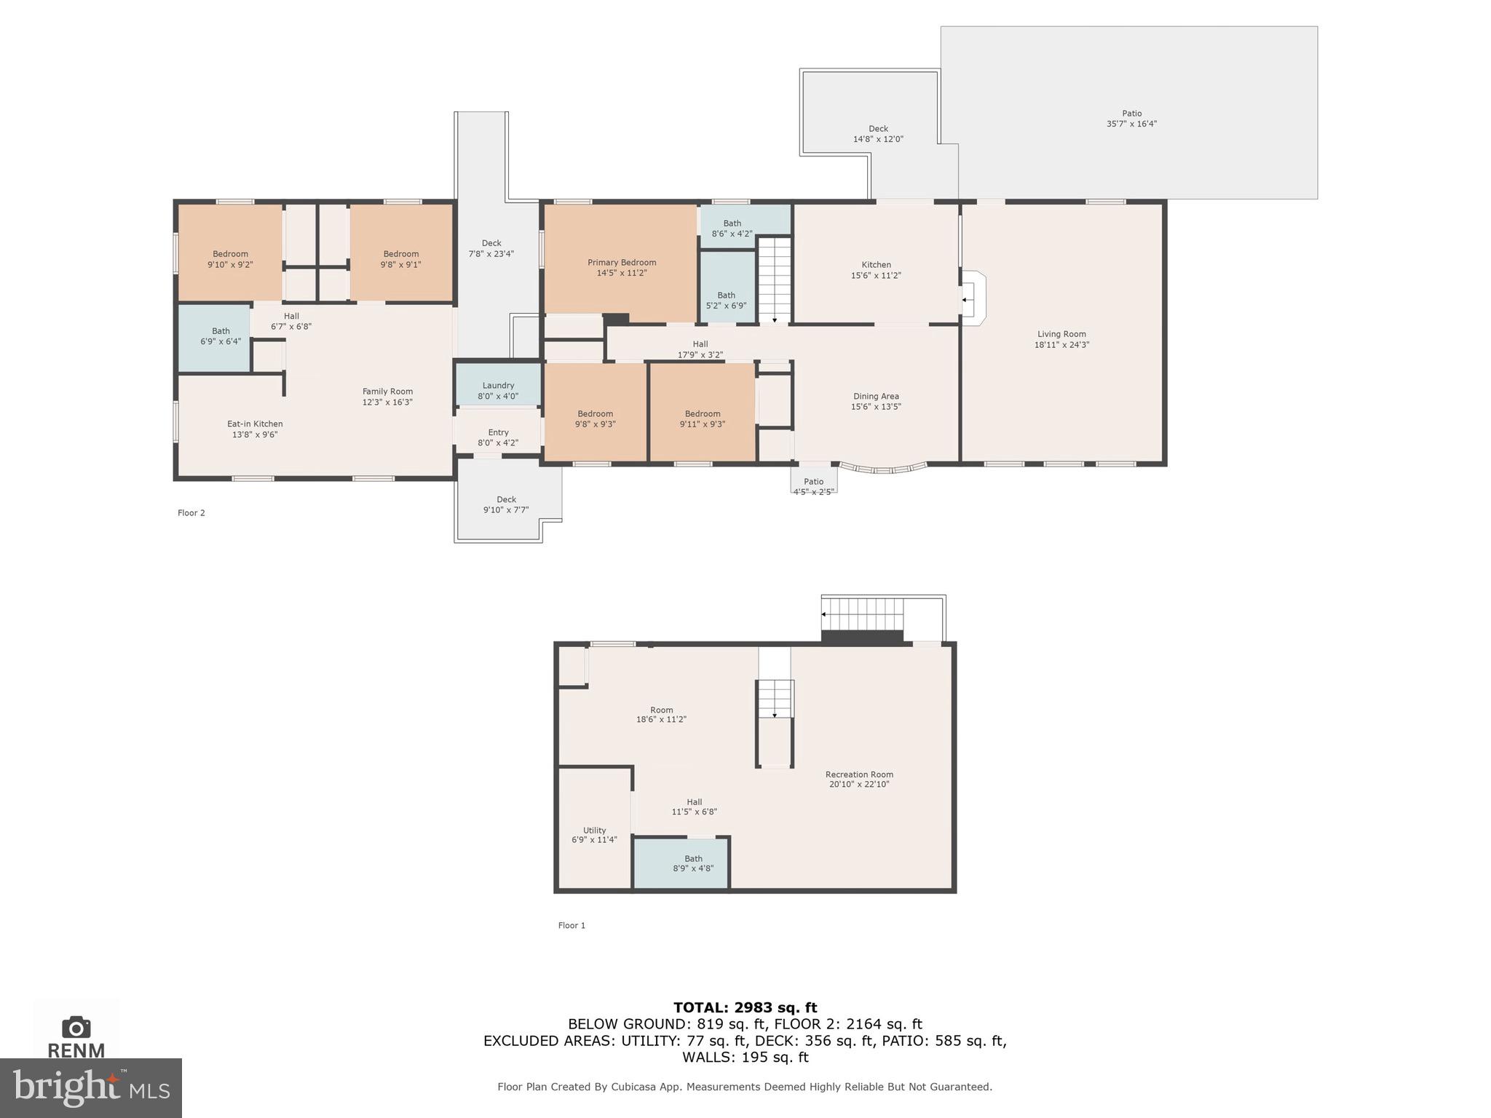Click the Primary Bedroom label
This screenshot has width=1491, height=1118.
point(622,263)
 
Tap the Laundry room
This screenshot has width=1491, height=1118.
point(498,386)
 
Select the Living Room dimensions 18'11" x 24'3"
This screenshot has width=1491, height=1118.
point(1061,345)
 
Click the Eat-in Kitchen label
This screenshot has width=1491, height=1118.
point(255,424)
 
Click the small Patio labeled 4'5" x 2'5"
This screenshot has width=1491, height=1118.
point(813,482)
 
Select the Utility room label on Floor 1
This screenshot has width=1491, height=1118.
point(594,830)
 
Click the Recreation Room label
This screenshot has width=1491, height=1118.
point(859,774)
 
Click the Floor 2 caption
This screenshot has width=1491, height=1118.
point(191,513)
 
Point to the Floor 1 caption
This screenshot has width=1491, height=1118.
point(572,926)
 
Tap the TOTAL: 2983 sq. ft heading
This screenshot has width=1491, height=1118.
point(745,1008)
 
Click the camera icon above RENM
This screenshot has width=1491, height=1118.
point(76,1028)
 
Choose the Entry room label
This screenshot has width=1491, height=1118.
point(498,432)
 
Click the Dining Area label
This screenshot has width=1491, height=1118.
point(876,397)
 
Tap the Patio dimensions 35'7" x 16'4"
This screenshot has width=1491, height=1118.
point(1131,124)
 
